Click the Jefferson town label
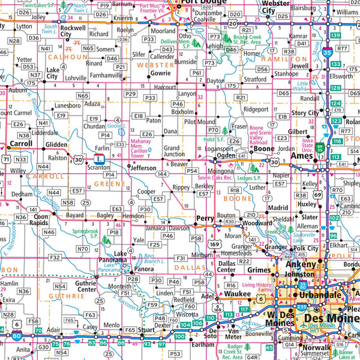click(144, 169)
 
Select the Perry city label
click(205, 218)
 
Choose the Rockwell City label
click(73, 31)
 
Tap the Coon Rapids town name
click(40, 220)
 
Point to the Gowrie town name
click(160, 73)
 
